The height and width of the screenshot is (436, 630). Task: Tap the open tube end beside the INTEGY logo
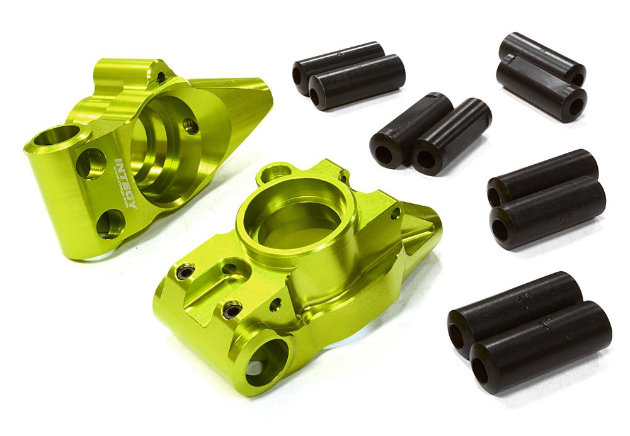point(62,135)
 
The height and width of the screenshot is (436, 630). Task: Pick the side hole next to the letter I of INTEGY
point(91,163)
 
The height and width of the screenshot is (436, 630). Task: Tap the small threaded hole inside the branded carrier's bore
point(191,126)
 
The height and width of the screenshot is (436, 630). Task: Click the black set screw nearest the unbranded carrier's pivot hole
point(232,310)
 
